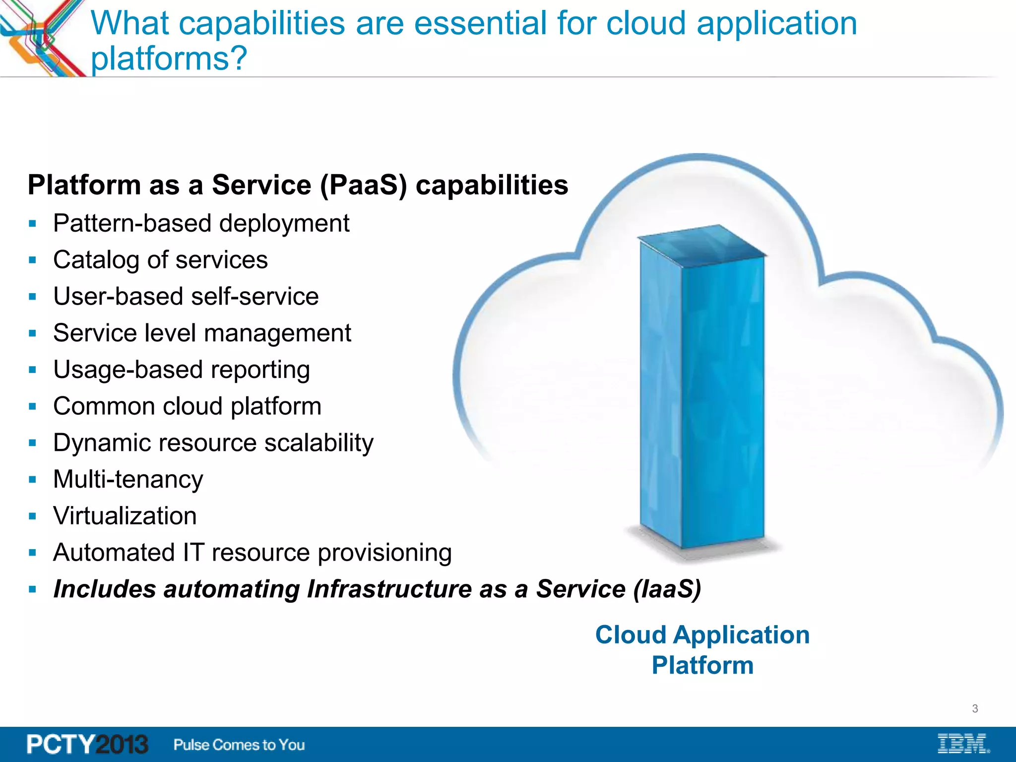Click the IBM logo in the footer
pyautogui.click(x=963, y=744)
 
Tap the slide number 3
pyautogui.click(x=975, y=708)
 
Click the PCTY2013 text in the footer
pyautogui.click(x=87, y=744)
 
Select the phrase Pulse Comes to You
pyautogui.click(x=239, y=745)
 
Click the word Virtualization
pyautogui.click(x=125, y=516)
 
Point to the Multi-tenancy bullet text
pyautogui.click(x=128, y=479)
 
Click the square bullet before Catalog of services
pyautogui.click(x=33, y=260)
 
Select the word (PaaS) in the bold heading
pyautogui.click(x=364, y=185)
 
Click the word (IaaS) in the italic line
pyautogui.click(x=667, y=589)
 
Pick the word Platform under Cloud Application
pyautogui.click(x=702, y=665)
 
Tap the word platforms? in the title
pyautogui.click(x=169, y=59)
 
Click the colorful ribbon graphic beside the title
pyautogui.click(x=42, y=37)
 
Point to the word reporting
pyautogui.click(x=260, y=370)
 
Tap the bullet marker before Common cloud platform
pyautogui.click(x=33, y=406)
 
